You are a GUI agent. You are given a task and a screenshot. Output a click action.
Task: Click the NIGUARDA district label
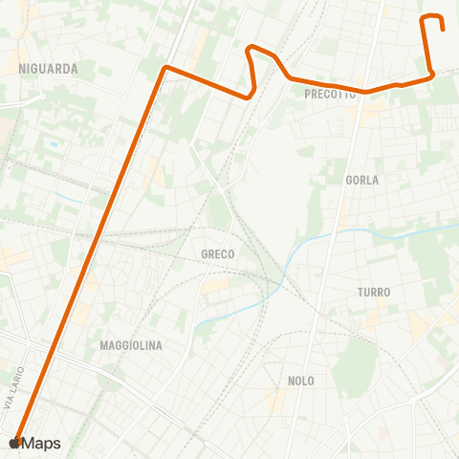48,69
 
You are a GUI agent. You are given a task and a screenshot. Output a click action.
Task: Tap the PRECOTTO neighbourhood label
330,95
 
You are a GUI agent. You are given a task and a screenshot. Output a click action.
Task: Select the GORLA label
362,180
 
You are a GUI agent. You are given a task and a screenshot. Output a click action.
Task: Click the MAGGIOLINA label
131,344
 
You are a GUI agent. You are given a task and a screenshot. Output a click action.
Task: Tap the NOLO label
301,381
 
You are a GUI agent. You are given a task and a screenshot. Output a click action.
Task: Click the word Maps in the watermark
42,443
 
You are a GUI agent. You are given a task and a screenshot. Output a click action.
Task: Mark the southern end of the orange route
17,441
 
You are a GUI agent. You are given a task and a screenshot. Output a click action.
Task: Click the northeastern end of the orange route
443,30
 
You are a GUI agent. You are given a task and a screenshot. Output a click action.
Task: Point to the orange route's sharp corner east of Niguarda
166,67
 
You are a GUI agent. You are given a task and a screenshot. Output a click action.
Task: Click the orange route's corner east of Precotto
433,73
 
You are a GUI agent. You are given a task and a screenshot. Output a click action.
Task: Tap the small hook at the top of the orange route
431,16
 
